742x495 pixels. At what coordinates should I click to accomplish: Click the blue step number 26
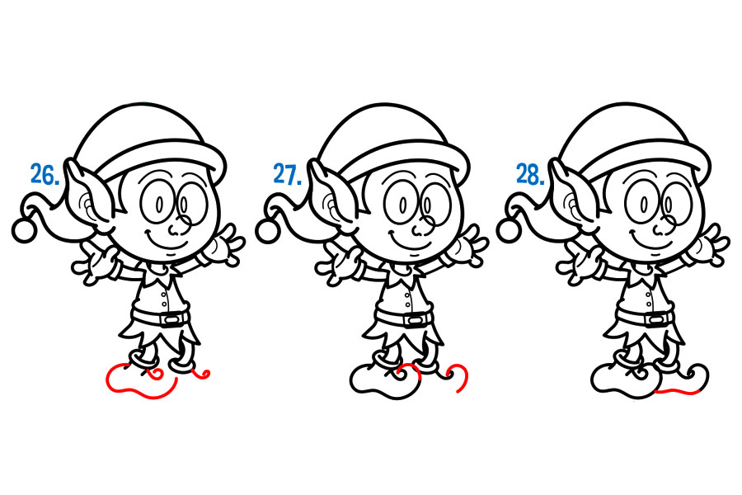coord(45,174)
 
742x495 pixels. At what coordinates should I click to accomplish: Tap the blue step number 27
coord(288,174)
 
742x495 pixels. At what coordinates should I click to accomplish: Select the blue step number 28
coord(530,174)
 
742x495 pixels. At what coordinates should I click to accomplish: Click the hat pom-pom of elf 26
coord(24,231)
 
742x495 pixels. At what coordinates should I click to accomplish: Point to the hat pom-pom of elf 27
coord(267,231)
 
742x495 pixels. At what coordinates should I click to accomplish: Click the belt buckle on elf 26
coord(171,320)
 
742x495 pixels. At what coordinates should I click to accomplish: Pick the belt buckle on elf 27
coord(414,321)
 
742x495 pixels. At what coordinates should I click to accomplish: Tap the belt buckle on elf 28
coord(656,321)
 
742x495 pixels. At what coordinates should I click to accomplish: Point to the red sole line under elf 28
coord(678,391)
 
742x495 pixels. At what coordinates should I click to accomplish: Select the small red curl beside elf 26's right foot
coord(201,375)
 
